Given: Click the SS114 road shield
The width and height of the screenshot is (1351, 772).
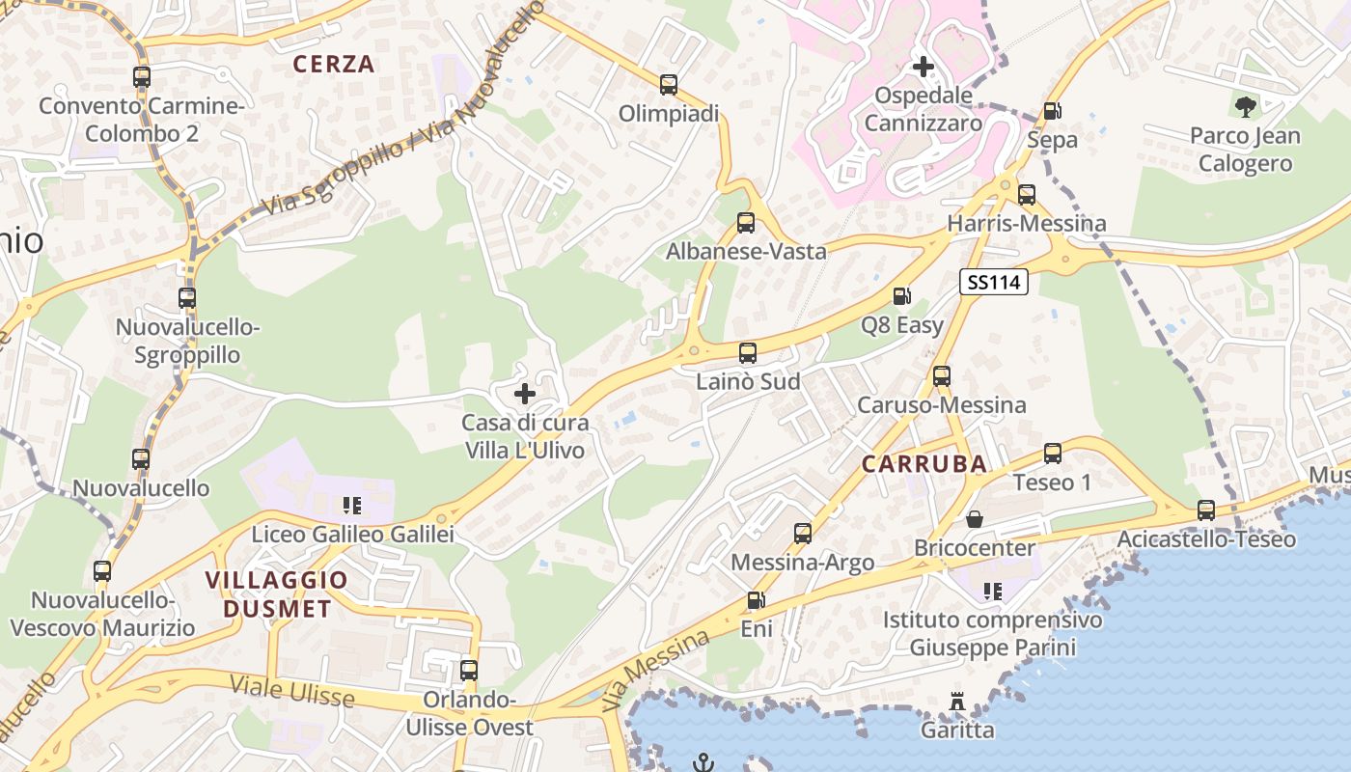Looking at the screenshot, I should point(993,282).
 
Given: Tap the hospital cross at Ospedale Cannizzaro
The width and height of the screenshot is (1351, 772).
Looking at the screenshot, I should point(924,67).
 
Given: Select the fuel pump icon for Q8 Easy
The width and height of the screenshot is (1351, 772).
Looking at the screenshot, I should point(901,296).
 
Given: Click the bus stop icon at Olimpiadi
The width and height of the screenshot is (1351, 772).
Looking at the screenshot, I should point(669,85).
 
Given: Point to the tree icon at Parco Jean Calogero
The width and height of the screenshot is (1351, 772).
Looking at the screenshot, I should point(1245,106).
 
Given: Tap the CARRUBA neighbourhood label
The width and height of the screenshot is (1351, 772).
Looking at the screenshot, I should point(924,464).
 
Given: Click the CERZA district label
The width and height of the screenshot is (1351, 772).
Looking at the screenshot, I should point(333,65).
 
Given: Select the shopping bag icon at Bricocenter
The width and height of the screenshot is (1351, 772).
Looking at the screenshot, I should point(975,519).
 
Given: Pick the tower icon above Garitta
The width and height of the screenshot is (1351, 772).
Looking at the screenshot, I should point(957,702).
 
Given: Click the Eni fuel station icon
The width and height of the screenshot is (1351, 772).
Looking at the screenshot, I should point(756,600).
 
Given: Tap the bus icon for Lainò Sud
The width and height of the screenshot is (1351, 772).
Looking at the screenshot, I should point(748,353).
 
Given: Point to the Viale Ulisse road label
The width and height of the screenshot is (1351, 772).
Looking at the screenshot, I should point(291,691).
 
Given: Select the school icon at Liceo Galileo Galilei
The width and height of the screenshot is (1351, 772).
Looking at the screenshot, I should point(351,505).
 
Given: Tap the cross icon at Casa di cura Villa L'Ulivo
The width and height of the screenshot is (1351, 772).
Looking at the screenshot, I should point(525,394).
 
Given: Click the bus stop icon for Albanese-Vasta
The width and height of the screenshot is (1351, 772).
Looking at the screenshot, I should point(746,223).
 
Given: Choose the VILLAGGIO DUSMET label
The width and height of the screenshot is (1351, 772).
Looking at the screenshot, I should point(276,593).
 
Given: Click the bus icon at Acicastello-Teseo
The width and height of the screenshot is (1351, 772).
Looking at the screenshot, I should point(1206,510).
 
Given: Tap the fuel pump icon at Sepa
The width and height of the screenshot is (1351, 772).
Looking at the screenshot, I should point(1052,111).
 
